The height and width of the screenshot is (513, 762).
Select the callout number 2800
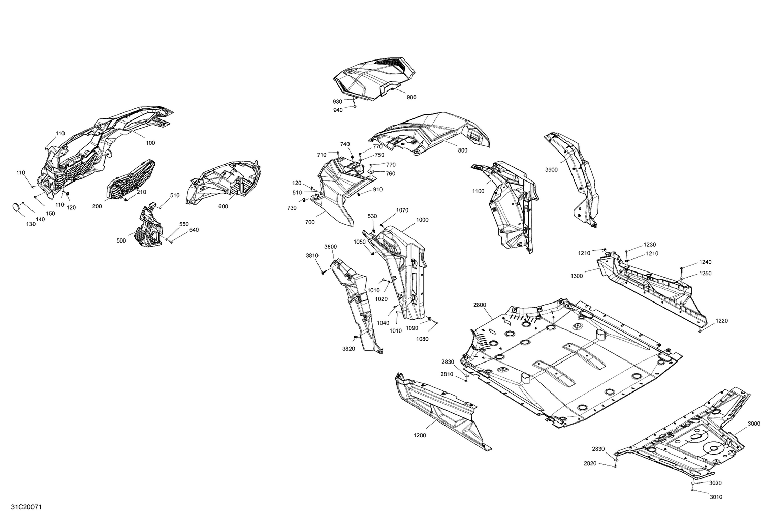[x=480, y=305]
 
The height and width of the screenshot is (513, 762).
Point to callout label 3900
[x=551, y=170]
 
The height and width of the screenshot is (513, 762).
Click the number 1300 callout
[x=577, y=276]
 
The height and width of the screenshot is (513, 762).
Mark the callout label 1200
[x=420, y=435]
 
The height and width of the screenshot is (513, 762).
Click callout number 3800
[x=330, y=247]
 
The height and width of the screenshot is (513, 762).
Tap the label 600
[x=223, y=206]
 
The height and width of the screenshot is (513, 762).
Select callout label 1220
[x=722, y=321]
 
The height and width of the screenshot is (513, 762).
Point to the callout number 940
[x=338, y=110]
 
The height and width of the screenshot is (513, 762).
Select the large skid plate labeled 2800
[x=569, y=361]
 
